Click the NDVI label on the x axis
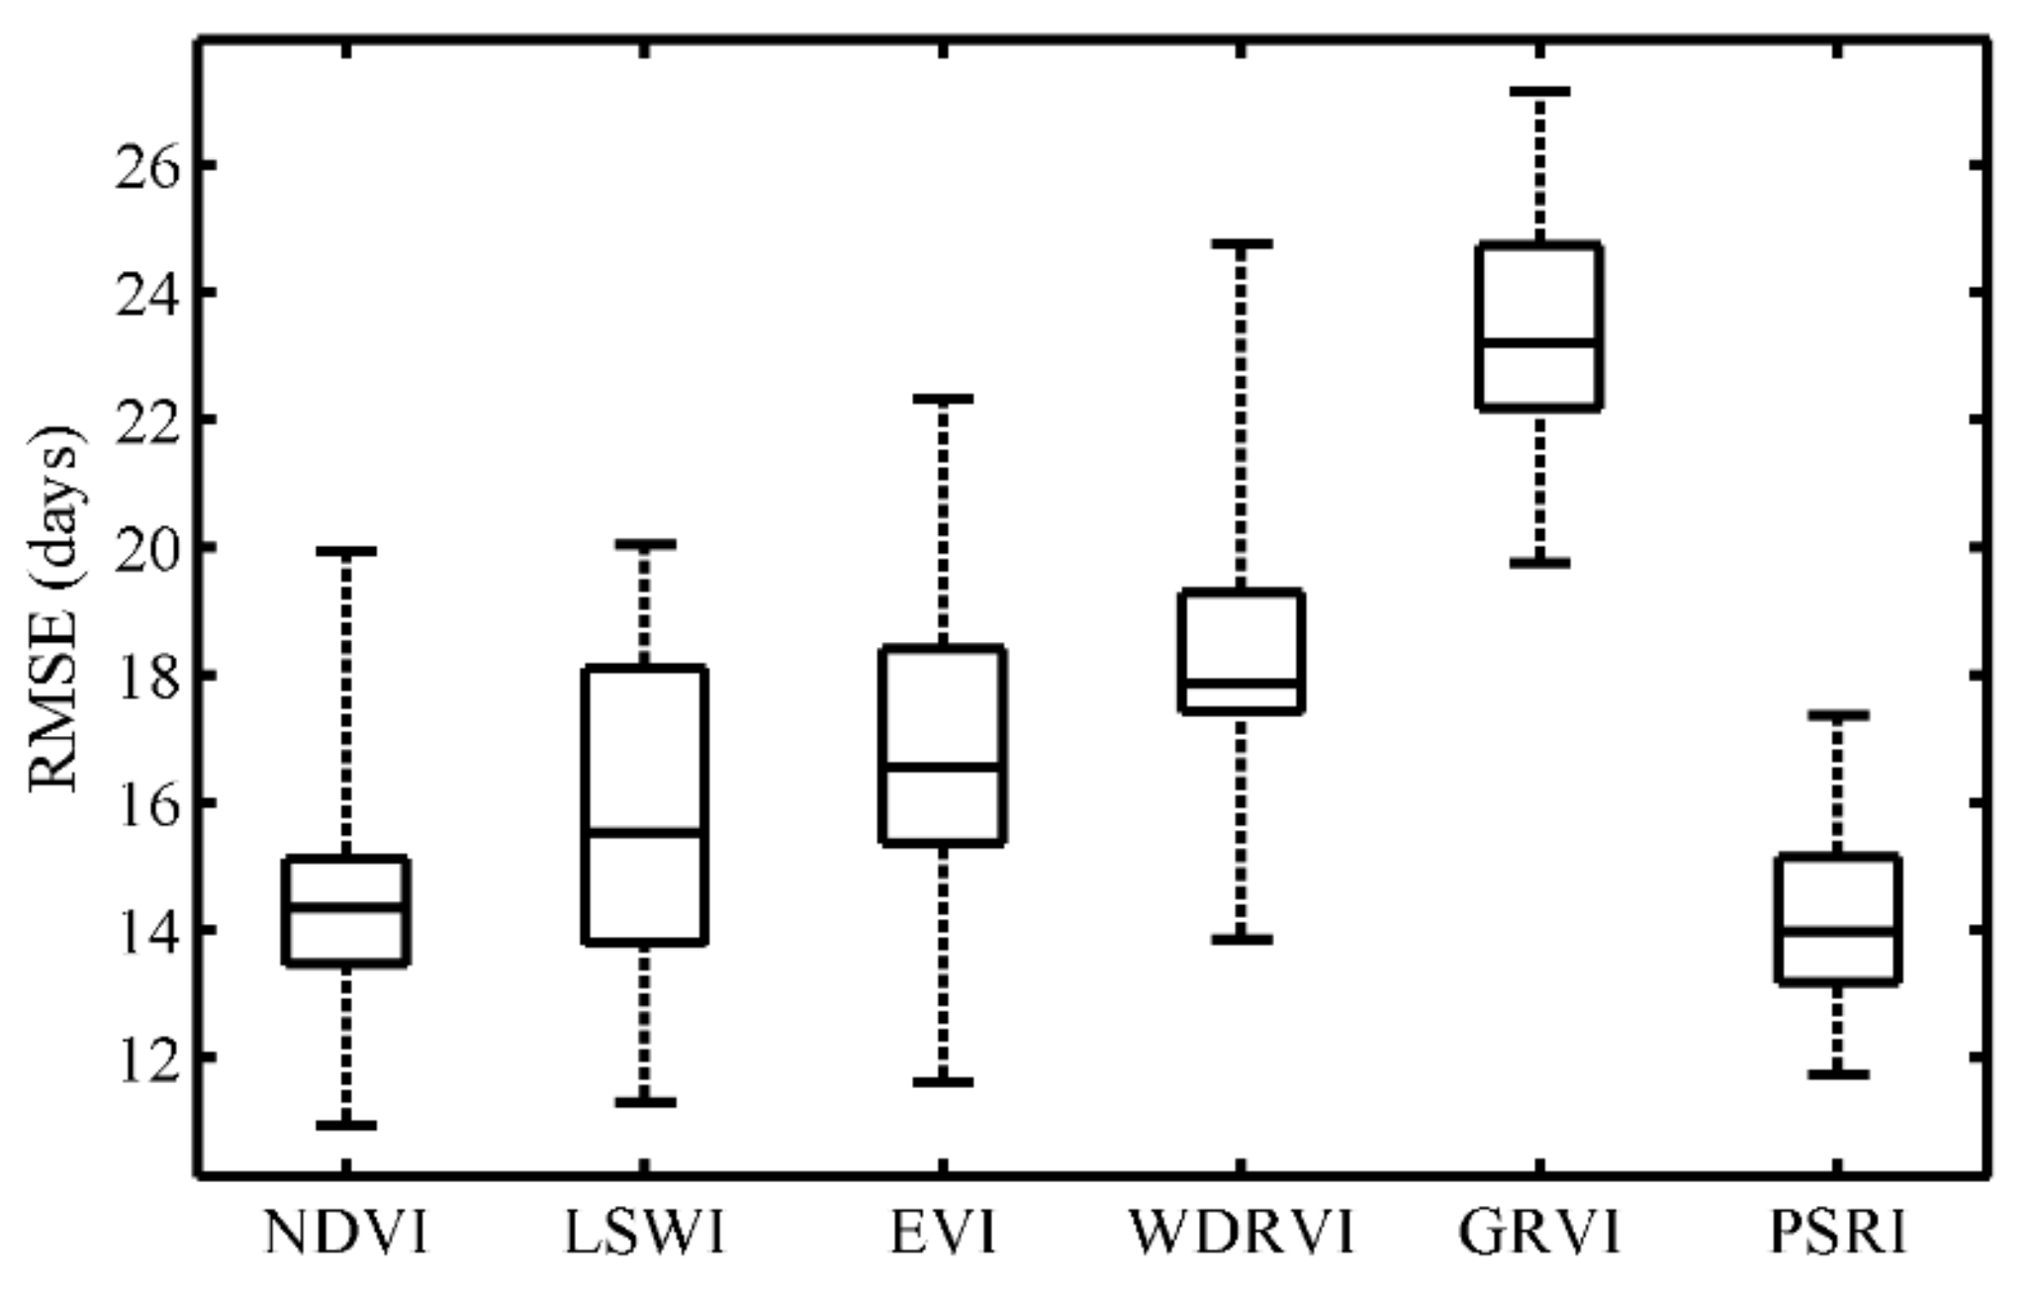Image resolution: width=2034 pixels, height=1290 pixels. click(345, 1234)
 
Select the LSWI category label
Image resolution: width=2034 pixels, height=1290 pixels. click(644, 1234)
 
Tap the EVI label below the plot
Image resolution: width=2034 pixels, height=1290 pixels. click(942, 1234)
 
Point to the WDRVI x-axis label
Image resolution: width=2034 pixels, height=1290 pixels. click(1241, 1234)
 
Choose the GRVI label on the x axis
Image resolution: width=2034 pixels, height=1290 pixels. click(1538, 1234)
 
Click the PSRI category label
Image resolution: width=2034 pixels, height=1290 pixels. click(1837, 1234)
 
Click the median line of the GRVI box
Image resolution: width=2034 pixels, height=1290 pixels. click(1538, 342)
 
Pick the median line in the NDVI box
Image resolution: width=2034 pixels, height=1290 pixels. click(345, 906)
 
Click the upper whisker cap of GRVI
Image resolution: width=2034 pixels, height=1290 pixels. click(1538, 91)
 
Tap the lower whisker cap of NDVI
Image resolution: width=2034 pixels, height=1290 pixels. click(345, 1125)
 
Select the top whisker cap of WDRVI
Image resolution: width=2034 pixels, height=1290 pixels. click(1241, 242)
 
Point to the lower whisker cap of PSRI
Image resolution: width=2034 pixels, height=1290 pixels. click(1837, 1073)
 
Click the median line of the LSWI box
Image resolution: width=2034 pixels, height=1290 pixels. click(644, 832)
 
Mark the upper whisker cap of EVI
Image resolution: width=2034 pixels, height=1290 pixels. click(942, 399)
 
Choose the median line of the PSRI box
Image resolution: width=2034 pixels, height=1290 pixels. click(1837, 931)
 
